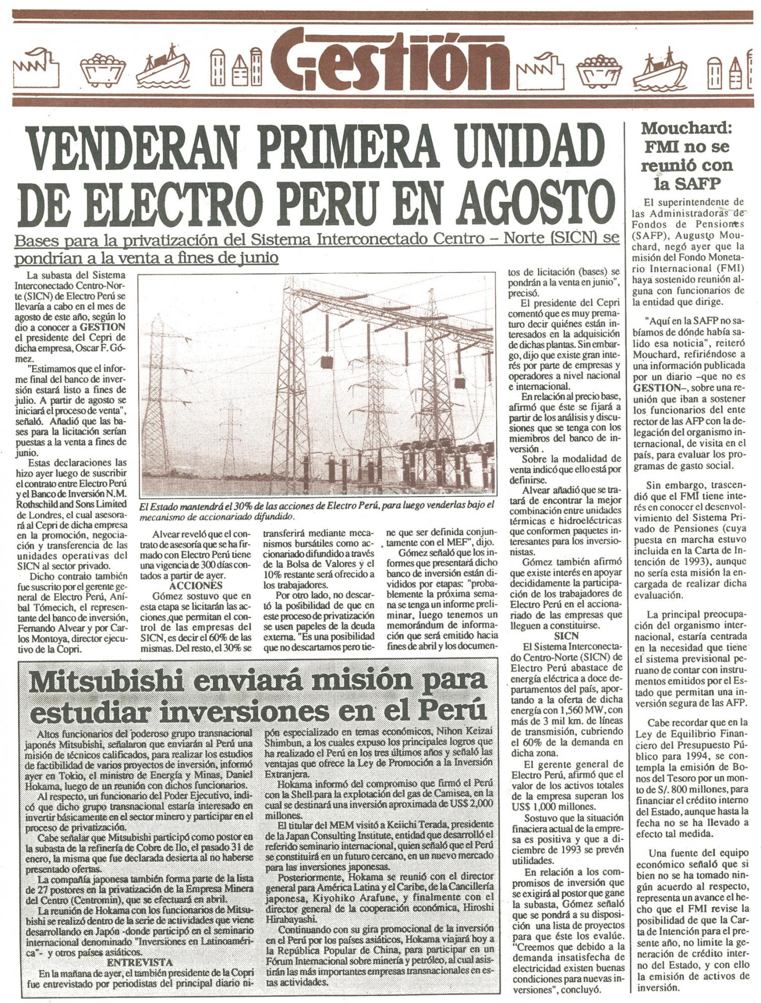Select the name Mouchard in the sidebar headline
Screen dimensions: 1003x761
coord(686,128)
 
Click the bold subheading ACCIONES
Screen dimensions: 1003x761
coord(195,586)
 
